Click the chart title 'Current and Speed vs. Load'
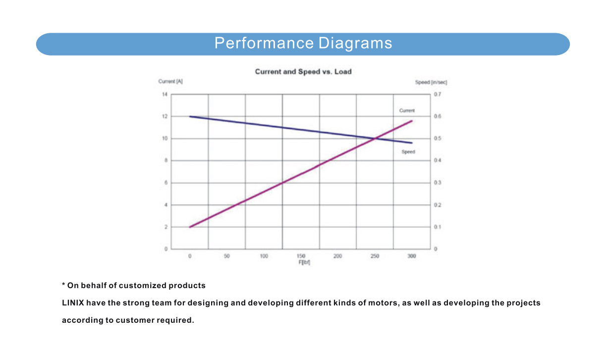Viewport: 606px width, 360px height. click(x=303, y=71)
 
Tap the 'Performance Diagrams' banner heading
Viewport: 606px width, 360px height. click(x=303, y=43)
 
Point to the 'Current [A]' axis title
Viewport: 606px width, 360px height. click(x=170, y=82)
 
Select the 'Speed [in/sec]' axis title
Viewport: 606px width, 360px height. click(x=431, y=82)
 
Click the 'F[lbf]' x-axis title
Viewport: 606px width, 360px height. click(x=304, y=262)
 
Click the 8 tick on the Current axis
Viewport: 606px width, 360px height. click(x=166, y=161)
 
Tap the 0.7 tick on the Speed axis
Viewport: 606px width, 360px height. click(x=438, y=94)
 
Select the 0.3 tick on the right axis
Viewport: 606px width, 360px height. click(x=438, y=183)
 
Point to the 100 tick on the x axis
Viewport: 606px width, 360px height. click(x=264, y=256)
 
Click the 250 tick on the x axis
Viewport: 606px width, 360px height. click(x=375, y=256)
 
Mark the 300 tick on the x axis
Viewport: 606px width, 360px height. click(x=411, y=256)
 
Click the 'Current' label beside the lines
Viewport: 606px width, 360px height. click(x=407, y=111)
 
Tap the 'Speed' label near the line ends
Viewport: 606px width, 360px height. click(x=408, y=152)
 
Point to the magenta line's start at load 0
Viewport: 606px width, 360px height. click(x=190, y=227)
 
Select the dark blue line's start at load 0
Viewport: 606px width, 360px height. click(x=190, y=117)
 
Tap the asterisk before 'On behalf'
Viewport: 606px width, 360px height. click(x=63, y=285)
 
